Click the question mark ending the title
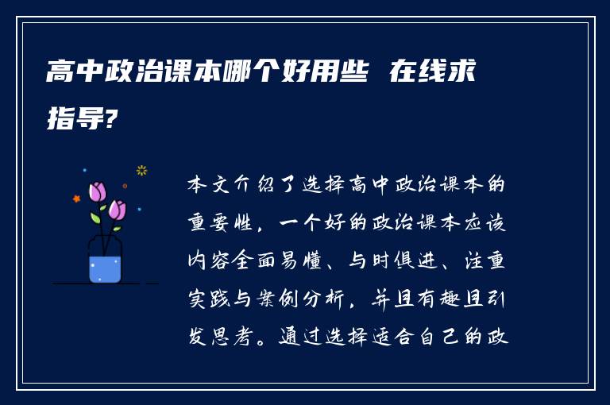click(x=114, y=120)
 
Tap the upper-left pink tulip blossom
click(x=98, y=191)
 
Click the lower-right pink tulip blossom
click(x=117, y=210)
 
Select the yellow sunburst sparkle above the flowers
click(x=142, y=169)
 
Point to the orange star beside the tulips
click(x=76, y=199)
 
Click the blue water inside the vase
click(x=105, y=269)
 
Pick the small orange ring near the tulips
click(x=125, y=186)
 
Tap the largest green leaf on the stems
click(x=95, y=217)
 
